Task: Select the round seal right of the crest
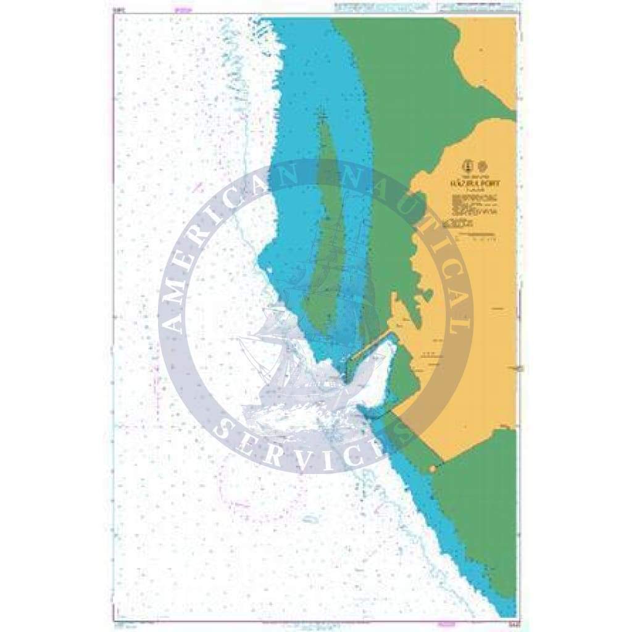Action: pos(482,165)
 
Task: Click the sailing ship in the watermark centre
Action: pos(290,370)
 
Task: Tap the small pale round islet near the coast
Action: pos(433,470)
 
